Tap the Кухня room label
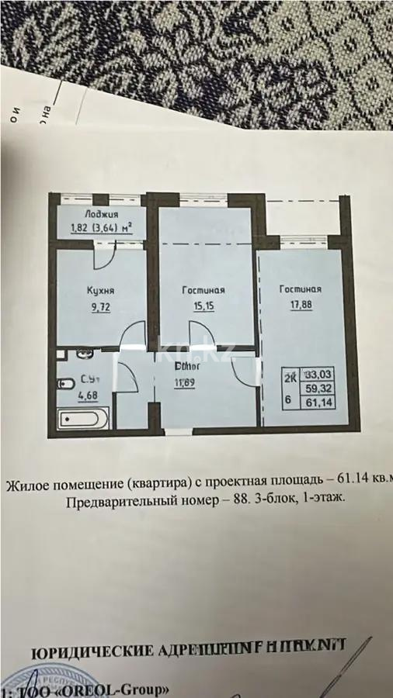[101, 291]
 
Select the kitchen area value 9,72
[101, 306]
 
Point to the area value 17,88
[301, 305]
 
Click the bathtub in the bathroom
[84, 420]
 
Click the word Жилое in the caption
[24, 487]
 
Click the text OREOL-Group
[124, 688]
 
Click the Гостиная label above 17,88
[301, 289]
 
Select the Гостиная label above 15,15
[203, 290]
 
